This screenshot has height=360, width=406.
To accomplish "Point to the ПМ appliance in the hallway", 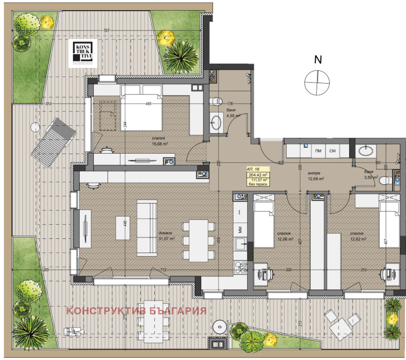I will tap(319, 151).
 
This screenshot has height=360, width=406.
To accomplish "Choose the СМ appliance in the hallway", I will tap(332, 151).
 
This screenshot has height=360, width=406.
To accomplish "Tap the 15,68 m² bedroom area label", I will tap(160, 143).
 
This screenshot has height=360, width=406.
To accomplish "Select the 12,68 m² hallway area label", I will tap(315, 178).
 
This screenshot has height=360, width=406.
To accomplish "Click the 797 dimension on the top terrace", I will tap(106, 30).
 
